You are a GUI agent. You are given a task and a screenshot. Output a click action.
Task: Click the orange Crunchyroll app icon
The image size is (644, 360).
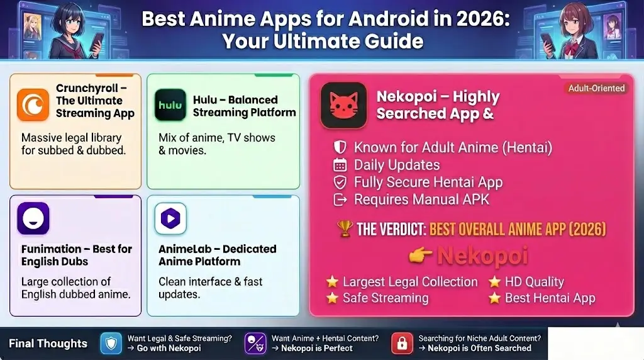(x=33, y=104)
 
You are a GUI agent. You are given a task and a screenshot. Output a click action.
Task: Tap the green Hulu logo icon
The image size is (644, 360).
(x=170, y=105)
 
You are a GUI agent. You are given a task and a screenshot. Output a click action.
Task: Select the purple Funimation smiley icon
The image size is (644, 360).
(x=33, y=218)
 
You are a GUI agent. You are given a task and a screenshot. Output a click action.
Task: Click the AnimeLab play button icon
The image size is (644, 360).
(x=170, y=218)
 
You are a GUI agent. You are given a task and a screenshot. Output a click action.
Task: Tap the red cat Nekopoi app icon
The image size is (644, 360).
(x=343, y=105)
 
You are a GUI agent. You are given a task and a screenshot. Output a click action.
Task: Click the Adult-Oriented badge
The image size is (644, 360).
(x=596, y=88)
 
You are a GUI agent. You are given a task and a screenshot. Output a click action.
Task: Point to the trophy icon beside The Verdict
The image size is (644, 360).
(x=345, y=228)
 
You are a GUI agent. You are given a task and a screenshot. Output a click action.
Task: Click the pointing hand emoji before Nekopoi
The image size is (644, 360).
(x=419, y=255)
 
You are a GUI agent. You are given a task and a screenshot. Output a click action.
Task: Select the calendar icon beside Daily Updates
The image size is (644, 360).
(x=340, y=166)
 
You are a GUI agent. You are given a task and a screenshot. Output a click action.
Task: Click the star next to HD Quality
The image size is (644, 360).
(x=494, y=281)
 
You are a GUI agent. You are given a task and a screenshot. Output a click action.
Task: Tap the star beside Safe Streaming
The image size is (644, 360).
(x=332, y=298)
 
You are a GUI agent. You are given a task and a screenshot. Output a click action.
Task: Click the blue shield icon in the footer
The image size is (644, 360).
(x=111, y=343)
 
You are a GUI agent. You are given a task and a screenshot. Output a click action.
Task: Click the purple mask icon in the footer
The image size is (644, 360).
(x=255, y=343)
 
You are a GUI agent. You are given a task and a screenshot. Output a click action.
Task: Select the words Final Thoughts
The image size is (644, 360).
(x=48, y=344)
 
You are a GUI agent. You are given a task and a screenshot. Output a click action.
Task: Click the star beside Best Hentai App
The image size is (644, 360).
(x=494, y=298)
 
